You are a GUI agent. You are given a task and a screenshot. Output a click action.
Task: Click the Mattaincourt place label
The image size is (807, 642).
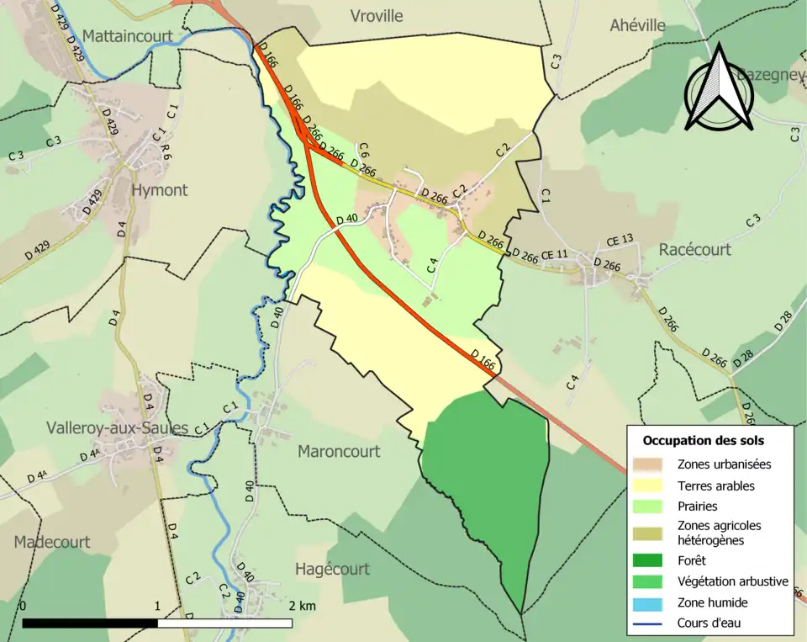coord(128,36)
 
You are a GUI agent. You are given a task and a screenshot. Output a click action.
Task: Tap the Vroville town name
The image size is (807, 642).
coord(376,16)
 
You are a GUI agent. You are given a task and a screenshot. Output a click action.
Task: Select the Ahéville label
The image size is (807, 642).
coord(637,25)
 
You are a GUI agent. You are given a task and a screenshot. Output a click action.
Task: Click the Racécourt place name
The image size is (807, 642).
coord(694,250)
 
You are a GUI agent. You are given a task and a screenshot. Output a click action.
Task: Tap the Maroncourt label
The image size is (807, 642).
coord(339,451)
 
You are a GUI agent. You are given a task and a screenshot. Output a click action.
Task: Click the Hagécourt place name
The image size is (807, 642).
coord(332,569)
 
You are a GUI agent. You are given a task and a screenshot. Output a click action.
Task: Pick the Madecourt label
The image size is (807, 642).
coord(51,542)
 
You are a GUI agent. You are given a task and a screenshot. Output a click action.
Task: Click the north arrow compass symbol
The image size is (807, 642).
coord(719,90)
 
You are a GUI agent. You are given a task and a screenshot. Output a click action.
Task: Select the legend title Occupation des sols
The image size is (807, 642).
coord(704,440)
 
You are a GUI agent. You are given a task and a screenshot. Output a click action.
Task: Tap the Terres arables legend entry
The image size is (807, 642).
coord(715,485)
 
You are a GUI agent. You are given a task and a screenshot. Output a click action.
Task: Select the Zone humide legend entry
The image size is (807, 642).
coord(712,602)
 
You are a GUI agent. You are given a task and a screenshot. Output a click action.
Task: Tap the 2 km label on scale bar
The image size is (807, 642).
coord(302,607)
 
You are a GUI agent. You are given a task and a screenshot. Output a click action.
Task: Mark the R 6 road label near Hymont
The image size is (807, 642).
coord(166,152)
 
